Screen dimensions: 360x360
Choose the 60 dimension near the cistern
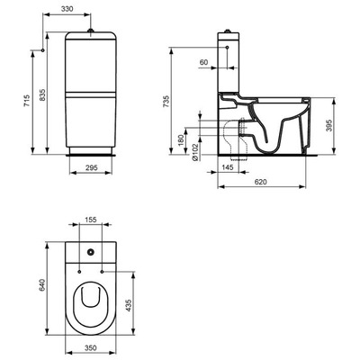[205, 63]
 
